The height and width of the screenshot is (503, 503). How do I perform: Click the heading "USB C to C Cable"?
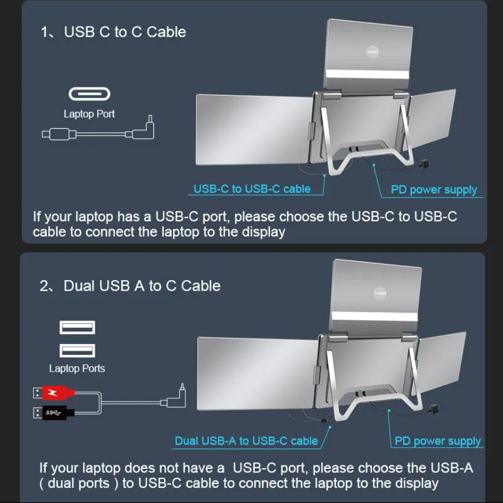(125, 32)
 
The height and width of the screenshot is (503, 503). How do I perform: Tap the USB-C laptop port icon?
(89, 94)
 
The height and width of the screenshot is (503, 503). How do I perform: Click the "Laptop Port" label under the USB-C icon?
(89, 114)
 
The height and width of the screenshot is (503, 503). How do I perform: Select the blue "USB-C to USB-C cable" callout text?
(252, 189)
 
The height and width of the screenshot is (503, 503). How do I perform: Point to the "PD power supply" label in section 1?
(434, 189)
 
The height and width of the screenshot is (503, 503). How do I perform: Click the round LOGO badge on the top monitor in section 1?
(373, 52)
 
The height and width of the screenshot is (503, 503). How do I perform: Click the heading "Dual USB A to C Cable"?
(142, 285)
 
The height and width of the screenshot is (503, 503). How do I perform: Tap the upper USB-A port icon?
(77, 328)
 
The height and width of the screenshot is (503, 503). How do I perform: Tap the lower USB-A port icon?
(77, 351)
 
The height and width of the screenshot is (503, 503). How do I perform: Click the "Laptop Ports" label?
(77, 368)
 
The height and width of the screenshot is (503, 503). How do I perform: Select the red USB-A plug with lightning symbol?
(54, 392)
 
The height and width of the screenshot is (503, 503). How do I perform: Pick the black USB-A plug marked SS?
(54, 412)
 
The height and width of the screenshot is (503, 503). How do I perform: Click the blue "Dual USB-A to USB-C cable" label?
(246, 441)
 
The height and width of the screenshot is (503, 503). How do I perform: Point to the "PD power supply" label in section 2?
(438, 441)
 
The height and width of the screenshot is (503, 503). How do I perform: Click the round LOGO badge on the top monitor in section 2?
(380, 293)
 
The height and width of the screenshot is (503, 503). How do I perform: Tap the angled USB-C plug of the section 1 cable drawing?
(144, 129)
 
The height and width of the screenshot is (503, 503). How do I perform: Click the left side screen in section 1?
(254, 129)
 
